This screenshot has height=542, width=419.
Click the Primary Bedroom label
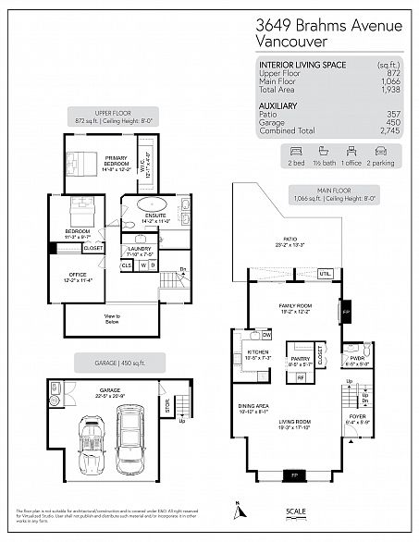coord(116,161)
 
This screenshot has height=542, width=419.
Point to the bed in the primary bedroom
coord(80,163)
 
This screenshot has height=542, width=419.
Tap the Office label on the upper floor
coord(75,276)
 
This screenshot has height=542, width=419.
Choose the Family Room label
coord(292,306)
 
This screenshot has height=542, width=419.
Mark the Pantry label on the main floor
coord(299,362)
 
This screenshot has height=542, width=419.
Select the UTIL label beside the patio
coord(325,274)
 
